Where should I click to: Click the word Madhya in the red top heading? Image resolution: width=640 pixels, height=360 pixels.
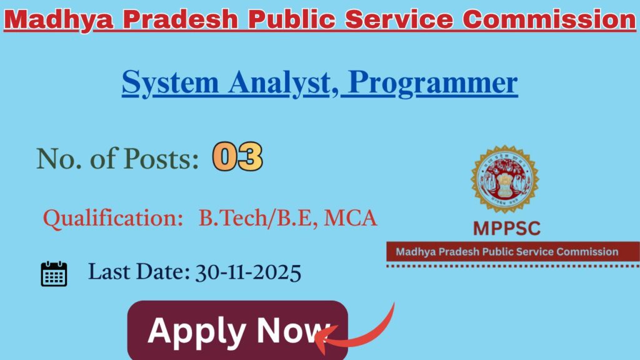[x=59, y=19]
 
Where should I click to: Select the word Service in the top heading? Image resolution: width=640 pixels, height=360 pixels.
[x=391, y=19]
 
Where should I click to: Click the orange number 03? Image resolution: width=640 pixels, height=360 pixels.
[x=237, y=157]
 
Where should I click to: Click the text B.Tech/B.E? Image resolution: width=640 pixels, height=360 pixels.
[x=257, y=218]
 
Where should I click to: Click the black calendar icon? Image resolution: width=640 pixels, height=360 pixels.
[x=54, y=274]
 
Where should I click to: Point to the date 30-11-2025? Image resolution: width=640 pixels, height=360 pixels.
[x=248, y=272]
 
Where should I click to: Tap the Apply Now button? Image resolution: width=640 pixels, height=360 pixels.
[x=237, y=331]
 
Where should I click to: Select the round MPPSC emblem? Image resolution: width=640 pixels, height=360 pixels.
[x=504, y=179]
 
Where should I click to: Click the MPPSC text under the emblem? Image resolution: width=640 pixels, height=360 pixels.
[x=506, y=228]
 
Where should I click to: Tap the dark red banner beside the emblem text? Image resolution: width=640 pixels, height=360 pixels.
[x=512, y=252]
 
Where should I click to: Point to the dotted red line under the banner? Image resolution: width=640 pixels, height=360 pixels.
[x=512, y=266]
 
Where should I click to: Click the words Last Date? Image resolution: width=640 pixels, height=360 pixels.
[x=137, y=272]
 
